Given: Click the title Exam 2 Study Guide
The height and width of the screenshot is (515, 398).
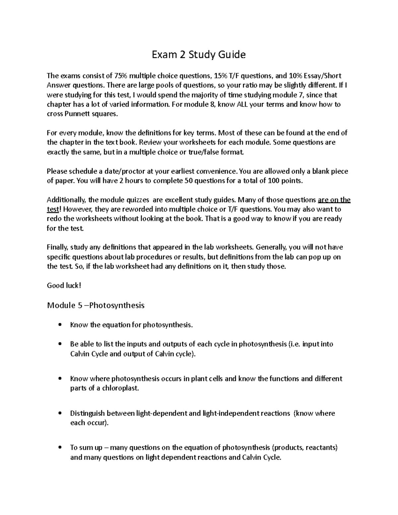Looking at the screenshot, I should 199,54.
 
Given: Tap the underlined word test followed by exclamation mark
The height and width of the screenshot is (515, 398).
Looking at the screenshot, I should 53,210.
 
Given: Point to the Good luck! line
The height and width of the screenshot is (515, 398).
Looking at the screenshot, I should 64,286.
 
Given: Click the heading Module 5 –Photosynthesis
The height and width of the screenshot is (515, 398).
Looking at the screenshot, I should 96,305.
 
